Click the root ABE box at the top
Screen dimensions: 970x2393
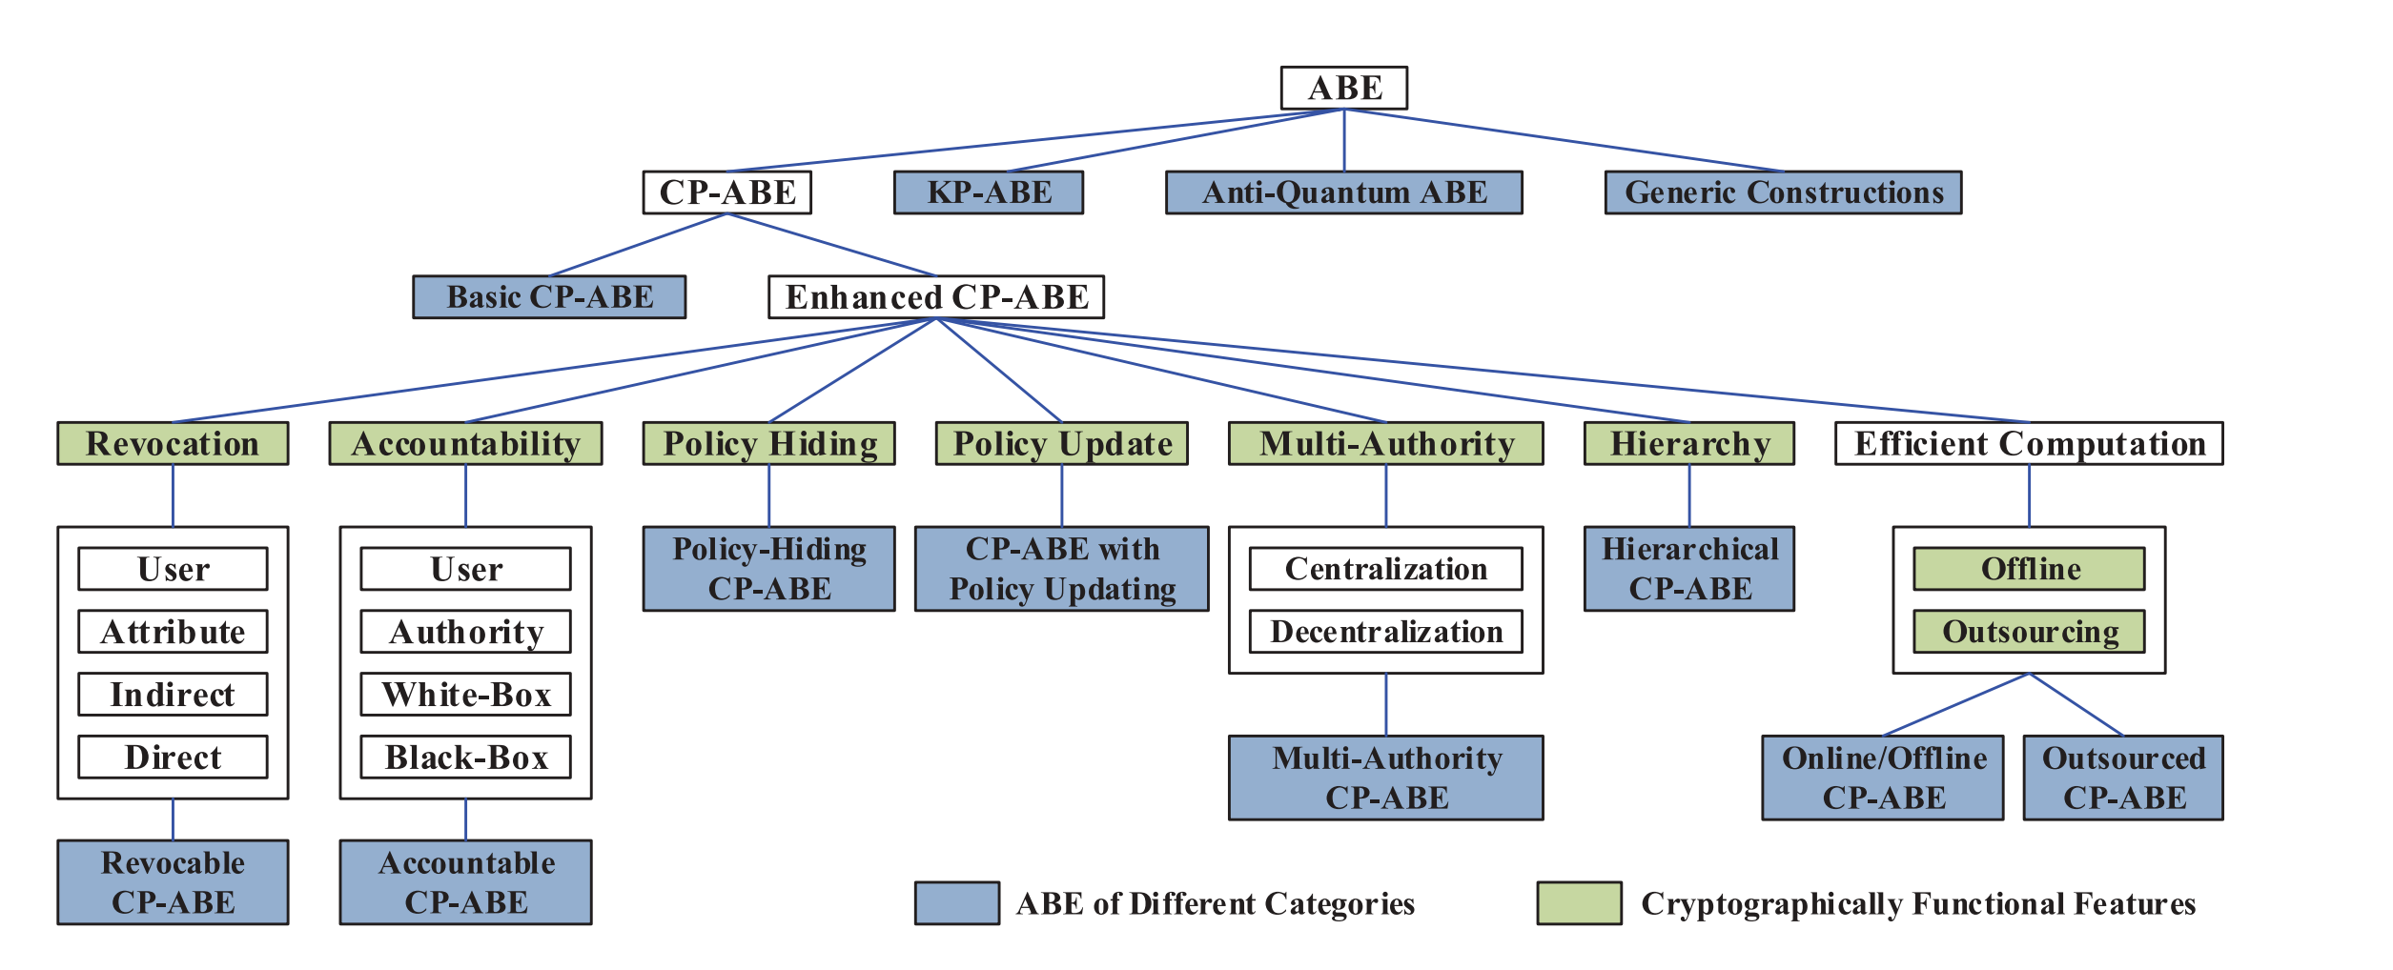point(1343,88)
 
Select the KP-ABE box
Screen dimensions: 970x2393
point(988,192)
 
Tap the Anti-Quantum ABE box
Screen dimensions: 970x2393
point(1343,192)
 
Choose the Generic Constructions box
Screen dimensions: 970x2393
point(1782,192)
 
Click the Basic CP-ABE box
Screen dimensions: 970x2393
point(549,297)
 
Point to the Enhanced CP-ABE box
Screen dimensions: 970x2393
point(936,297)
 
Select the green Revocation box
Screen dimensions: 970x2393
point(173,444)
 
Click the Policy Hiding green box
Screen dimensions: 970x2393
point(768,444)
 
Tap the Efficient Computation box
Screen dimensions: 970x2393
point(2028,444)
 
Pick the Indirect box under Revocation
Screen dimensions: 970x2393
point(173,695)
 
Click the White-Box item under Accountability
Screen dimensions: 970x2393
point(465,695)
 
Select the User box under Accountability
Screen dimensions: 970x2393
point(465,569)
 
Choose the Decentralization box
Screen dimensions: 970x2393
point(1385,632)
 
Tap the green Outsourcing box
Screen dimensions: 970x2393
point(2029,632)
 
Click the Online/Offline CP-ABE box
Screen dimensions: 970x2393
point(1882,778)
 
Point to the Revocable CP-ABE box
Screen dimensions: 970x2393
point(173,882)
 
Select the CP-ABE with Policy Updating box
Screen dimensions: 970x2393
point(1061,569)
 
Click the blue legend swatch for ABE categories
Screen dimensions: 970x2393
point(956,903)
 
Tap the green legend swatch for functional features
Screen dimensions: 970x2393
point(1579,903)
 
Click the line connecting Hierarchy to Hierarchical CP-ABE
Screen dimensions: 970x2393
point(1689,496)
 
